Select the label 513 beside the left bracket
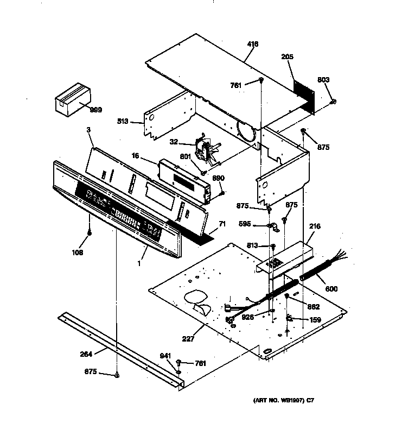tap(122, 122)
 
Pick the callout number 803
tap(323, 80)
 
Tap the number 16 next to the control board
tap(136, 156)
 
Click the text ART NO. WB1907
tap(276, 401)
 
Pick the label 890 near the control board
tap(218, 178)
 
